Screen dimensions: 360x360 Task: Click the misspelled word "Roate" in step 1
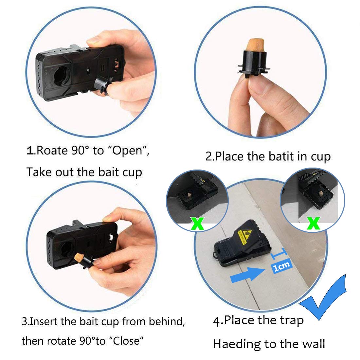pyautogui.click(x=52, y=151)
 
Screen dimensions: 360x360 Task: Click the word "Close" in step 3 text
pyautogui.click(x=126, y=341)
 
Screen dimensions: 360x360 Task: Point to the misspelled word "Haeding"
pyautogui.click(x=237, y=344)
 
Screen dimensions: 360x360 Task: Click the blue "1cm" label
pyautogui.click(x=282, y=266)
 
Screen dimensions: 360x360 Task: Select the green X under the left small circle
pyautogui.click(x=197, y=224)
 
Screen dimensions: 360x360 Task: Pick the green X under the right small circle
pyautogui.click(x=314, y=223)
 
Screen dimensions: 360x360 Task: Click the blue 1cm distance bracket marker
pyautogui.click(x=279, y=253)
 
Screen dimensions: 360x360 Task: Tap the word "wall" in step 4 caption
pyautogui.click(x=314, y=344)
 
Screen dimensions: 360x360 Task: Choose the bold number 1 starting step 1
pyautogui.click(x=30, y=151)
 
